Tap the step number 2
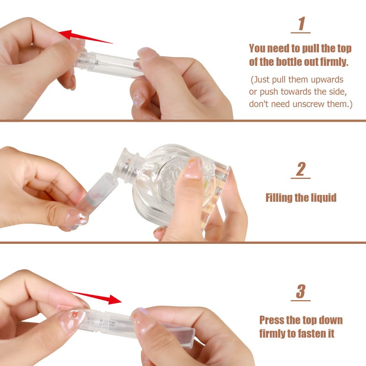tap(301, 169)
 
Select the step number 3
tap(301, 291)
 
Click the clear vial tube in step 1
tap(110, 64)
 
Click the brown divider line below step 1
tap(183, 121)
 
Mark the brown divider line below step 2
tap(183, 242)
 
